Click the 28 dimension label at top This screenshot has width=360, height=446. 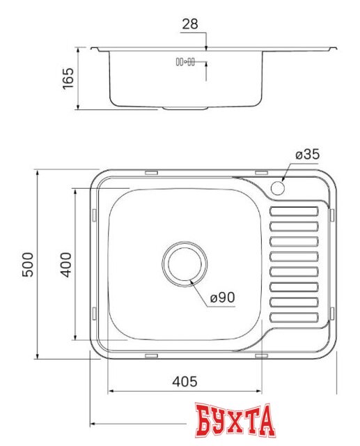coord(190,24)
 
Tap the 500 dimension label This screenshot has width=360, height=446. coord(27,264)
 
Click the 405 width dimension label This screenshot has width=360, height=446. coord(184,382)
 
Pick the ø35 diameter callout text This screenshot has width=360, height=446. coord(306,155)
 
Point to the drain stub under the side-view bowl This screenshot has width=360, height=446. coord(185,109)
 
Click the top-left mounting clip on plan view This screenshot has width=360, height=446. coord(150,171)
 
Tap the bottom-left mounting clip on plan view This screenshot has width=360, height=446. coord(150,355)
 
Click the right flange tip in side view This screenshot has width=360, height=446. coord(336,48)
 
